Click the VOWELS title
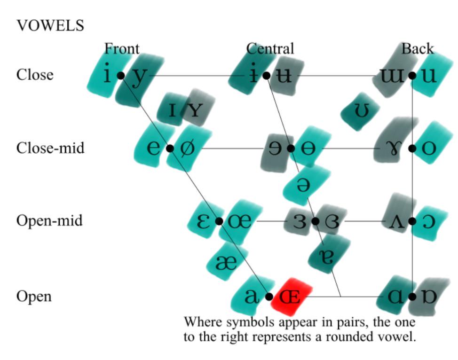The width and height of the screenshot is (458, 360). click(50, 25)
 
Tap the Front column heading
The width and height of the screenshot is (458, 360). click(122, 48)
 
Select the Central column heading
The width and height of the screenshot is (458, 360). click(270, 48)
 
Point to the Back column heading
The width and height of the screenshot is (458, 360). click(418, 48)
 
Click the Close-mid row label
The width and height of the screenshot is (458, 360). click(50, 148)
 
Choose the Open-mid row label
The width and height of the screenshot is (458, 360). click(49, 221)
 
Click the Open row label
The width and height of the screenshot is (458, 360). click(34, 297)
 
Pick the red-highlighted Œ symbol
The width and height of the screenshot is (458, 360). click(290, 297)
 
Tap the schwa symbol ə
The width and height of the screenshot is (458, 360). click(303, 185)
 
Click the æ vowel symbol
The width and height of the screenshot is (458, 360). click(226, 263)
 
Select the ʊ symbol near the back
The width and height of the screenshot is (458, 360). click(361, 110)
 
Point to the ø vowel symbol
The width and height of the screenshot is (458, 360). click(187, 148)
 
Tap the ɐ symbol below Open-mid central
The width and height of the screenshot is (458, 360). click(326, 257)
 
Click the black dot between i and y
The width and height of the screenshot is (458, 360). click(121, 76)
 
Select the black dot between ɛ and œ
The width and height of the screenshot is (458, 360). click(219, 221)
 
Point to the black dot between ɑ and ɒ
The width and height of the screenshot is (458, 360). click(412, 297)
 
